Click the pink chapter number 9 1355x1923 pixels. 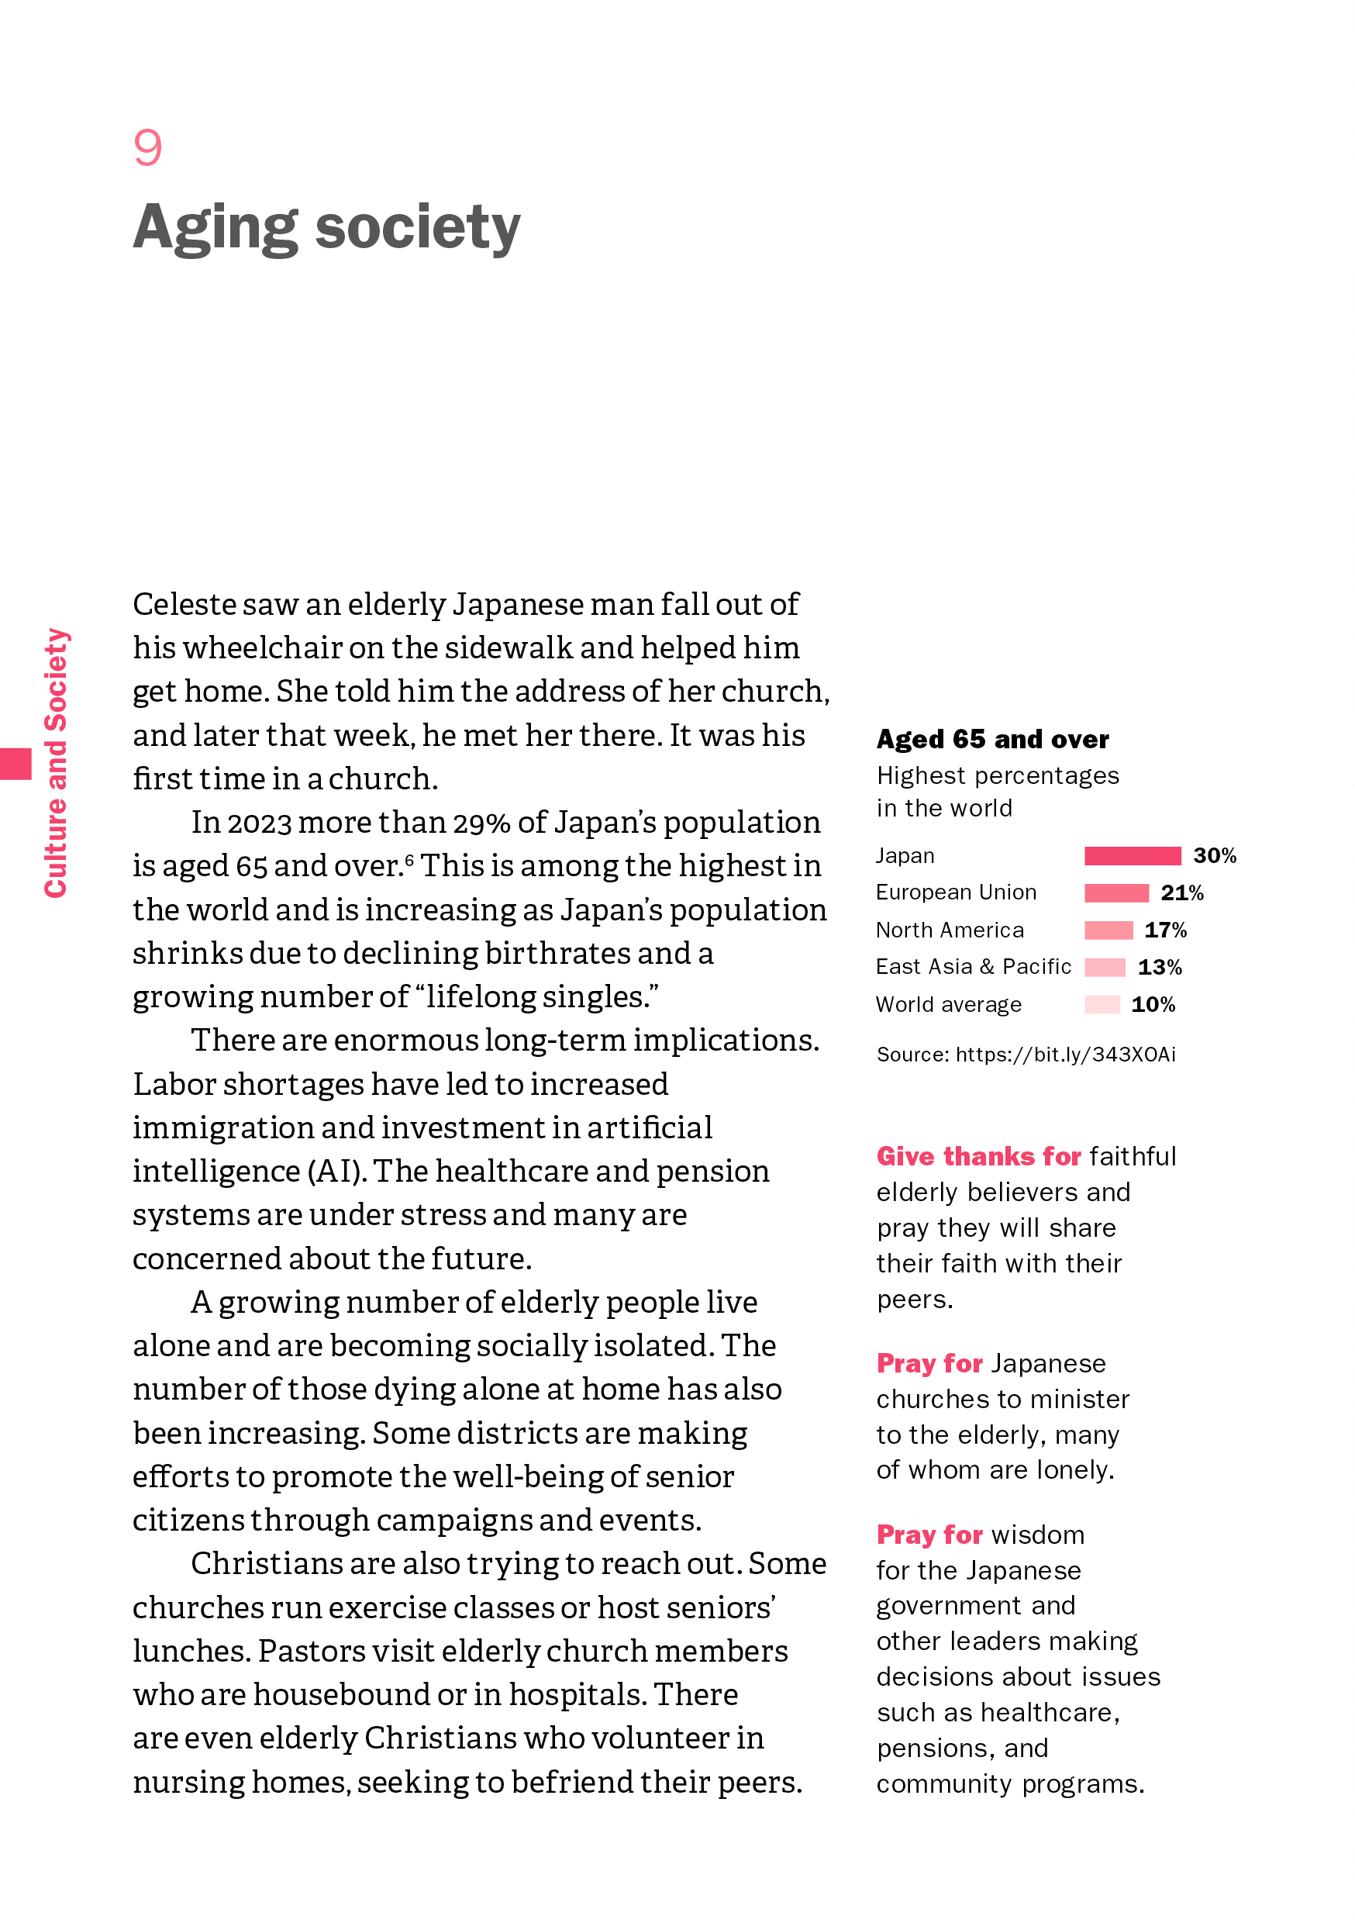click(x=147, y=148)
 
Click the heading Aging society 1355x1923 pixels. click(x=326, y=228)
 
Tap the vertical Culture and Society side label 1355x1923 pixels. click(x=56, y=762)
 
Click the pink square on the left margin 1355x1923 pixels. click(x=15, y=763)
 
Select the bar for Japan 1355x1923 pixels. click(x=1132, y=855)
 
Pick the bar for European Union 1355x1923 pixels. click(x=1115, y=892)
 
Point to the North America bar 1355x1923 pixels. click(x=1108, y=930)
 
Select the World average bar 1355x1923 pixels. click(x=1102, y=1004)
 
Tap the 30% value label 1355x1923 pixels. click(x=1215, y=855)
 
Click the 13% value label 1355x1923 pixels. click(x=1159, y=968)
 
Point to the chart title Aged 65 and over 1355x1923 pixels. click(x=992, y=739)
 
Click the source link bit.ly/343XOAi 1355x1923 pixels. click(x=1065, y=1055)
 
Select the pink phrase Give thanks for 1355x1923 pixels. click(x=978, y=1156)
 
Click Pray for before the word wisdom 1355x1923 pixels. click(x=929, y=1535)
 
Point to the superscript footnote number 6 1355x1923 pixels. click(x=409, y=859)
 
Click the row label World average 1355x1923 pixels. click(x=948, y=1004)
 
